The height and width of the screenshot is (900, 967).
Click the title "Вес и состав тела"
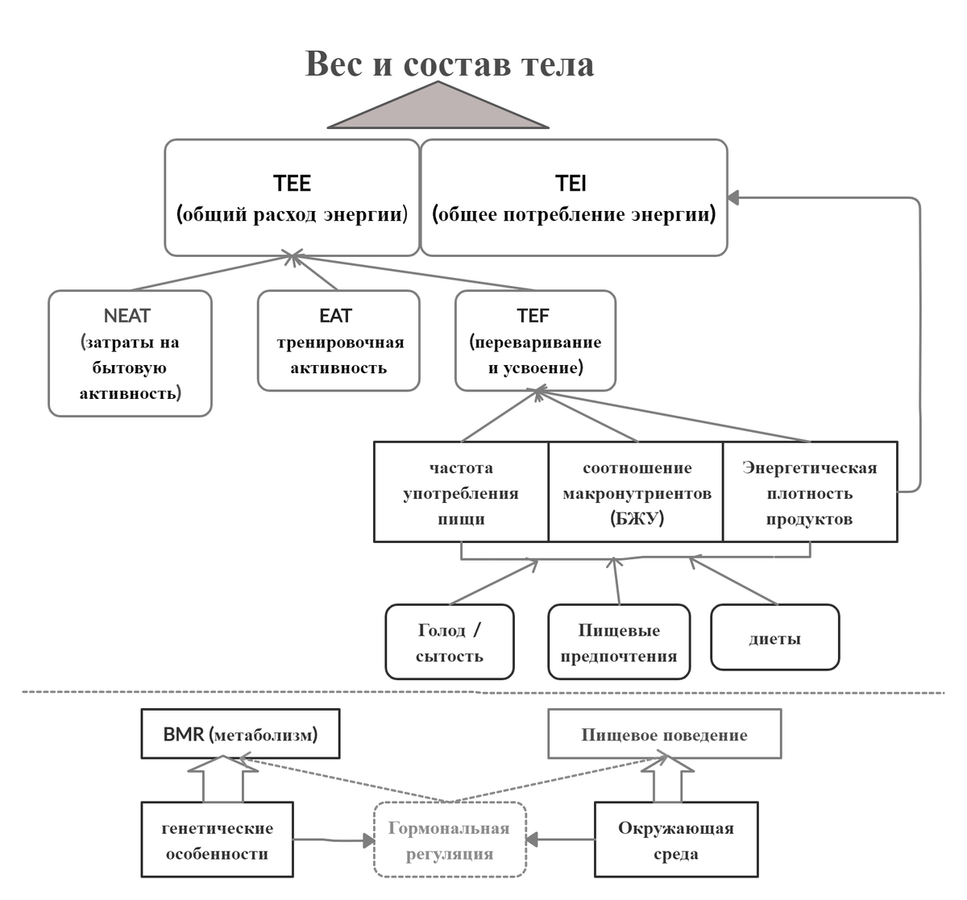coord(450,64)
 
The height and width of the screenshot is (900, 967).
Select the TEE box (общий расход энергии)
coord(292,198)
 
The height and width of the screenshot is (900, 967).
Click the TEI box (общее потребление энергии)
coord(574,198)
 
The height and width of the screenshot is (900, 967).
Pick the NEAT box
coord(130,353)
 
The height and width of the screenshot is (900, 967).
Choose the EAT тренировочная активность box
coord(338,341)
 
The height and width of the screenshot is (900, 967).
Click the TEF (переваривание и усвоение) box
coord(535,341)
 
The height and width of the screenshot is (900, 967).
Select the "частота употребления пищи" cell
coord(461,491)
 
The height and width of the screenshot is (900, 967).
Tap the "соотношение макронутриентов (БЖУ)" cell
coord(636,491)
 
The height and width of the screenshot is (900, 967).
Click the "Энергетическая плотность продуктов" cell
coord(810,491)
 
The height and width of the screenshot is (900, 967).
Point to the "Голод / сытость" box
coord(450,642)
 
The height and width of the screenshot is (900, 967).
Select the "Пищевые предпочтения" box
coord(619,642)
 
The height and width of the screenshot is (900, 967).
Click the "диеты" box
coord(775,638)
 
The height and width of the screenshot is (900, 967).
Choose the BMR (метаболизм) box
coord(240,734)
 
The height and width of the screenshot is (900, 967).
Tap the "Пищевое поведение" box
coord(664,734)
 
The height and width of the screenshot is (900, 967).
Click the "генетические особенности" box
coord(217,840)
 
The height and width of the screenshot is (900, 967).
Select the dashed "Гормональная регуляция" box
coord(450,840)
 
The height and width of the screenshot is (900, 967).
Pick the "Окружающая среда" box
coord(675,840)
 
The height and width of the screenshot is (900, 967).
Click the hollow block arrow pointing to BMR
coord(222,780)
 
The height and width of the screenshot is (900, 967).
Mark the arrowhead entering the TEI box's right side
coord(733,197)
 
